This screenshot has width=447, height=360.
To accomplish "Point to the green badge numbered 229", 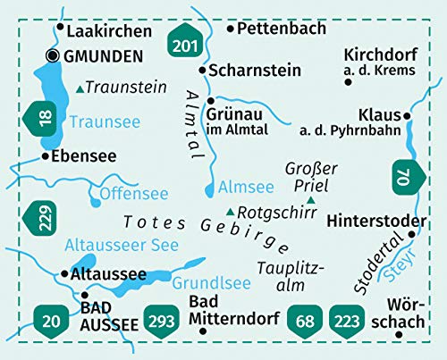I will point(43,218).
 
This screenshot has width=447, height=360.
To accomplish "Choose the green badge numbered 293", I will point(160,319).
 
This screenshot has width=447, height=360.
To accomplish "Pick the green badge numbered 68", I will point(306,319).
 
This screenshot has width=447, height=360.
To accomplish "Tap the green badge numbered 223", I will point(347,319).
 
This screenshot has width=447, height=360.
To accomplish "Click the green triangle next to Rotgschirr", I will point(231,212).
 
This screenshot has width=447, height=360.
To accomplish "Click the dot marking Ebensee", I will point(45,156).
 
